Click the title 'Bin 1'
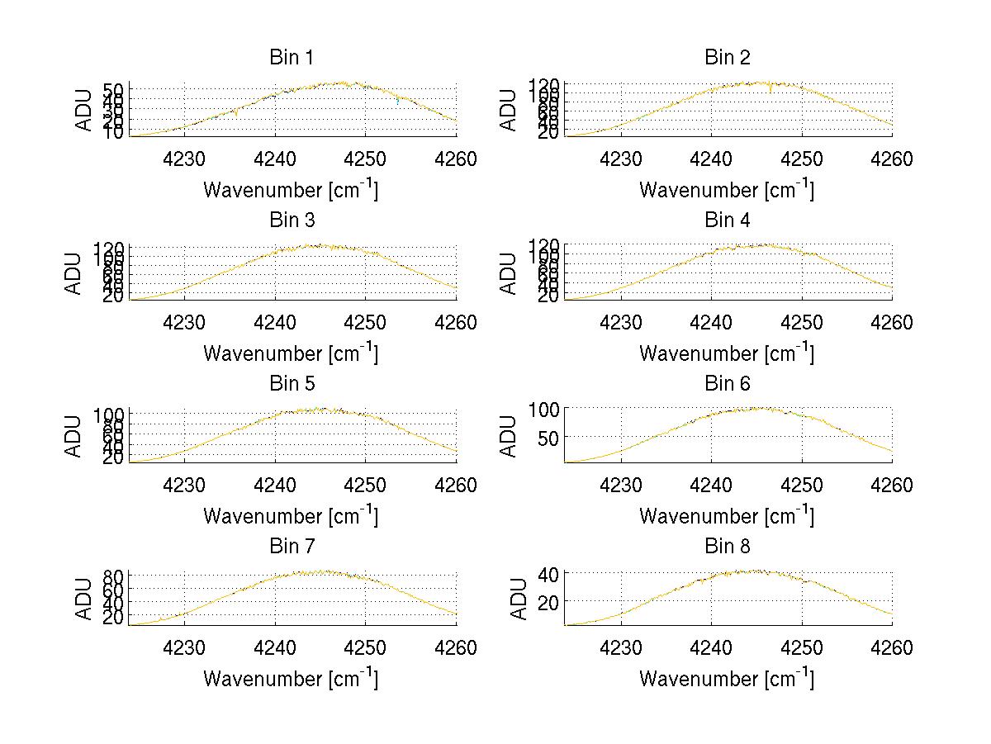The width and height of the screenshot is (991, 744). click(x=292, y=58)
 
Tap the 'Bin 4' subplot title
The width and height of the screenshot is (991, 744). click(x=728, y=220)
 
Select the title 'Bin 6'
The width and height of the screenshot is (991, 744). click(x=728, y=384)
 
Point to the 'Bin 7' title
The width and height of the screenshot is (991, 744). click(x=292, y=547)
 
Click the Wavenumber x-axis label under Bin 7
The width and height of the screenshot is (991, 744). click(x=291, y=679)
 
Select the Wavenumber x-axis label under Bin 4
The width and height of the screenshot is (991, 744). click(x=727, y=353)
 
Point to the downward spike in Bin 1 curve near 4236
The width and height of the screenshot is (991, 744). click(x=236, y=115)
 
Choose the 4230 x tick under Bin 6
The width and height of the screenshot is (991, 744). click(x=620, y=485)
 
